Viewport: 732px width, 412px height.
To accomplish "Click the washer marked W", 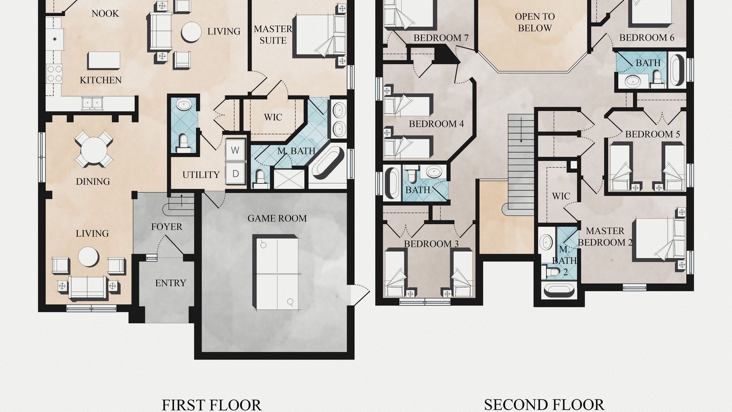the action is tap(235, 150).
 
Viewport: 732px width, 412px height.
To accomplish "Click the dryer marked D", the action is tap(235, 173).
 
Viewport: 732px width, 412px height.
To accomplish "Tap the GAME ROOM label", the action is tap(277, 219).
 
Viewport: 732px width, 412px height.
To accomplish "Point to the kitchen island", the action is tap(104, 60).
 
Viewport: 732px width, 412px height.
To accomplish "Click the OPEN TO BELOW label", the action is tap(535, 22).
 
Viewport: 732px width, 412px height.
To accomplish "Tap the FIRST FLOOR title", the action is tap(212, 405).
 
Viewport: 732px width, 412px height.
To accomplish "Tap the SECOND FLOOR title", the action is tap(544, 405).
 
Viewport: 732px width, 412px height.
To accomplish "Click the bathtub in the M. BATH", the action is tap(328, 162).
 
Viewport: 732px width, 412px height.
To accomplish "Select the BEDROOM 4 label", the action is tap(436, 124).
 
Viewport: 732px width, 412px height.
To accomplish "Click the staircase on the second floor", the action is tap(521, 163).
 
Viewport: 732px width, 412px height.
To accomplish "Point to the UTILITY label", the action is tap(201, 175).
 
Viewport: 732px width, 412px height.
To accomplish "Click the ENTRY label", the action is tap(170, 283).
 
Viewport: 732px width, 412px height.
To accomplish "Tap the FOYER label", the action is tap(166, 227).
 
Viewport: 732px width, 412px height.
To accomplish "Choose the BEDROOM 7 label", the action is tap(441, 38).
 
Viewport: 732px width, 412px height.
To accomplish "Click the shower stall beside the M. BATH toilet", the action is tap(289, 179).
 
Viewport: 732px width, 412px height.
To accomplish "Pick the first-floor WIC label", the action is tap(273, 117).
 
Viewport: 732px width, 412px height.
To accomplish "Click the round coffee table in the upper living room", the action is tap(191, 32).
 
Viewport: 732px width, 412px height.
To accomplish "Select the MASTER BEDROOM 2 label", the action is tap(605, 237).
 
